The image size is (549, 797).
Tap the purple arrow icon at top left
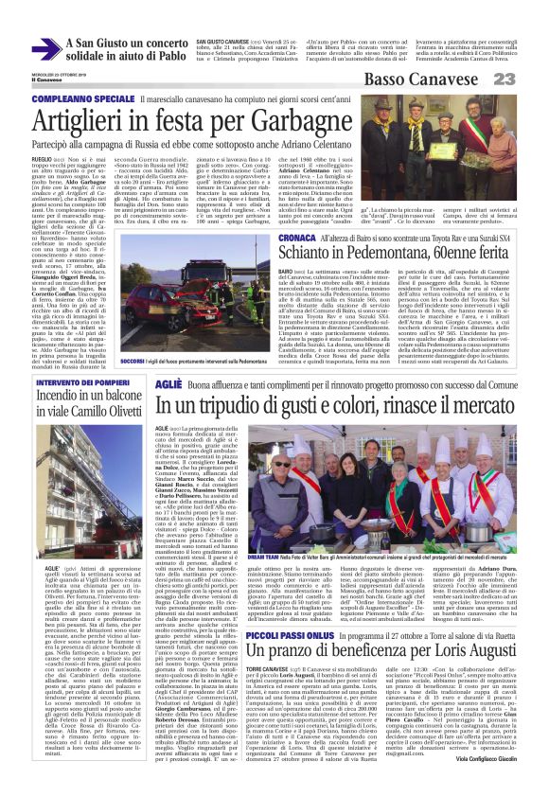click(x=45, y=49)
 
